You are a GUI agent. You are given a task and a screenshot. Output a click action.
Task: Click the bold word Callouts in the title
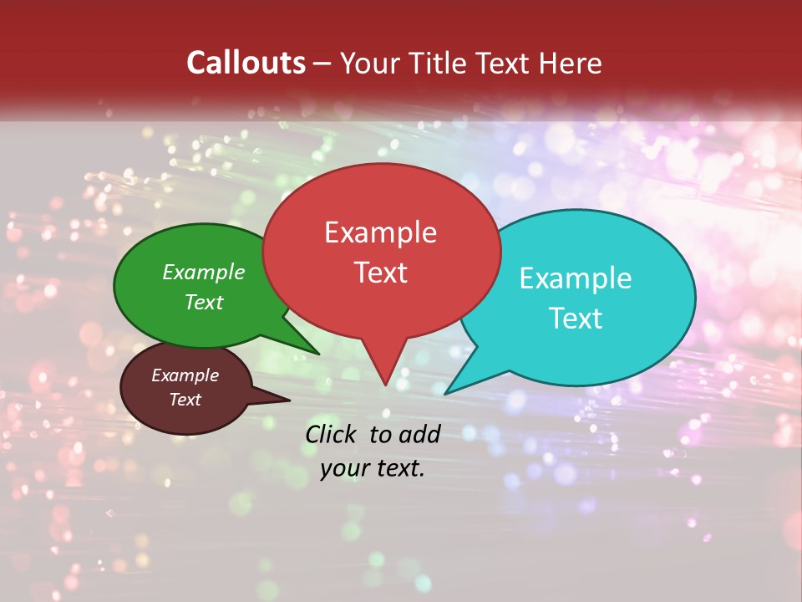coord(246,63)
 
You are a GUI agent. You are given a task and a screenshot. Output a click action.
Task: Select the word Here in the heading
coord(571,63)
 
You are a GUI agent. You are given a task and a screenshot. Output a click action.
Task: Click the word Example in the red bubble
coord(380,232)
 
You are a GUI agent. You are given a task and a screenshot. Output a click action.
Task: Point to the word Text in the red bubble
coord(380,273)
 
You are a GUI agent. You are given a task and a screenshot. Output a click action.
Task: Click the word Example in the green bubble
coord(204,273)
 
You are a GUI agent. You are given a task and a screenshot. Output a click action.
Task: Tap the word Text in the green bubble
coord(204,302)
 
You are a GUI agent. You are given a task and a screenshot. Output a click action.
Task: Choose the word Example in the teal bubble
coord(576,278)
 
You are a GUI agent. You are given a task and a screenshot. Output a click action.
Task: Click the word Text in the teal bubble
coord(576,319)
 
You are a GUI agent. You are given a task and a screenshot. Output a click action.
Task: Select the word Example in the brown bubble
coord(185,375)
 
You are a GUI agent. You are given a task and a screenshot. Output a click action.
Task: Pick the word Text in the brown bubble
coord(185,400)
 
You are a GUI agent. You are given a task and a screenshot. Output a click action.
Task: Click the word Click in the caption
coord(331,434)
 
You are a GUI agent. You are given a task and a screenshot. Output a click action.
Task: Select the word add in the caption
coord(419,434)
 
